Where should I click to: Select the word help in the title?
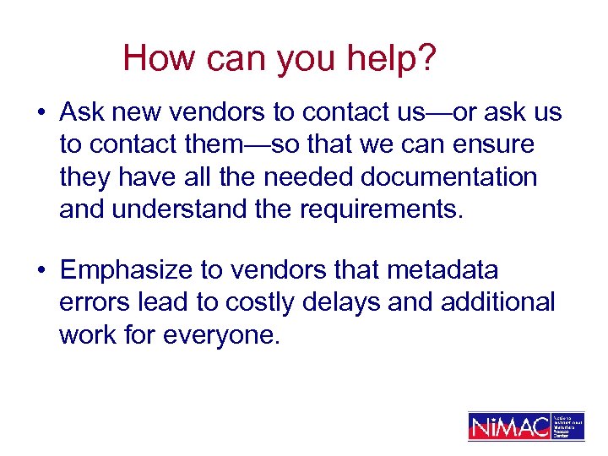(377, 58)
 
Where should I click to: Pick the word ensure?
(490, 145)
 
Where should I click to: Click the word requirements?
(381, 209)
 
